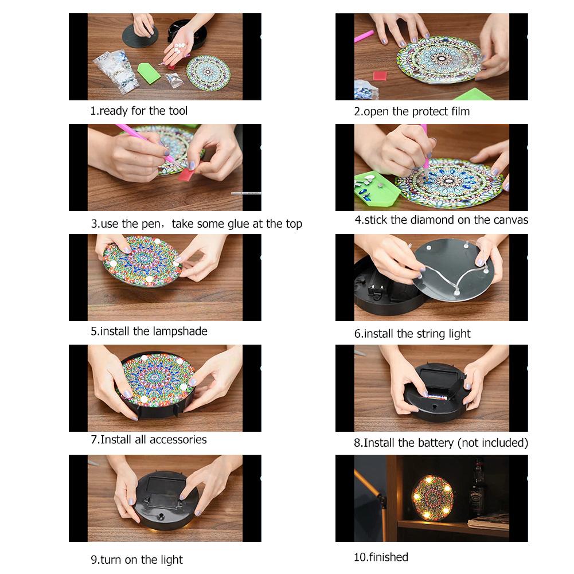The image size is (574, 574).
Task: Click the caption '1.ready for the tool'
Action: (139, 111)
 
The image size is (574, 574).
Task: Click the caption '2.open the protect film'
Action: (412, 111)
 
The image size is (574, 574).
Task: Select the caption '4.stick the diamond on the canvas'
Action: (441, 220)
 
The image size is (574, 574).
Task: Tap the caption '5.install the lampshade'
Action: (149, 331)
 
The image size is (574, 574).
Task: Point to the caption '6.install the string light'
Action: (412, 333)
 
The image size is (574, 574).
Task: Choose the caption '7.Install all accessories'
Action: (149, 440)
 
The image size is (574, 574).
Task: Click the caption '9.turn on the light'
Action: (137, 559)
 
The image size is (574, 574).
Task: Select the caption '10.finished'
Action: (381, 557)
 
